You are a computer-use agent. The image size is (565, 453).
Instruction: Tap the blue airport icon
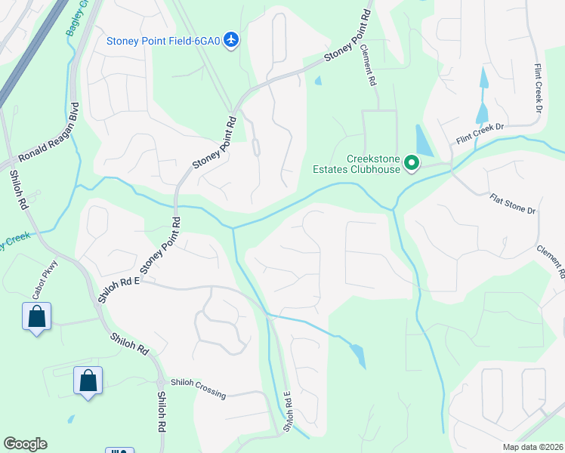(232, 40)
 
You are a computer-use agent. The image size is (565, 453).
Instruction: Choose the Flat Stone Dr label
(511, 204)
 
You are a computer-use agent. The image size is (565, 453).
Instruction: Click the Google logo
(25, 444)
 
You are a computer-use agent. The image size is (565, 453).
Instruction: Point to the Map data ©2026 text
(533, 447)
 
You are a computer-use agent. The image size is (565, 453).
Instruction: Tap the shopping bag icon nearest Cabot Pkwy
(36, 317)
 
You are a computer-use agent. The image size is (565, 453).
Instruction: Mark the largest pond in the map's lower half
(357, 354)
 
